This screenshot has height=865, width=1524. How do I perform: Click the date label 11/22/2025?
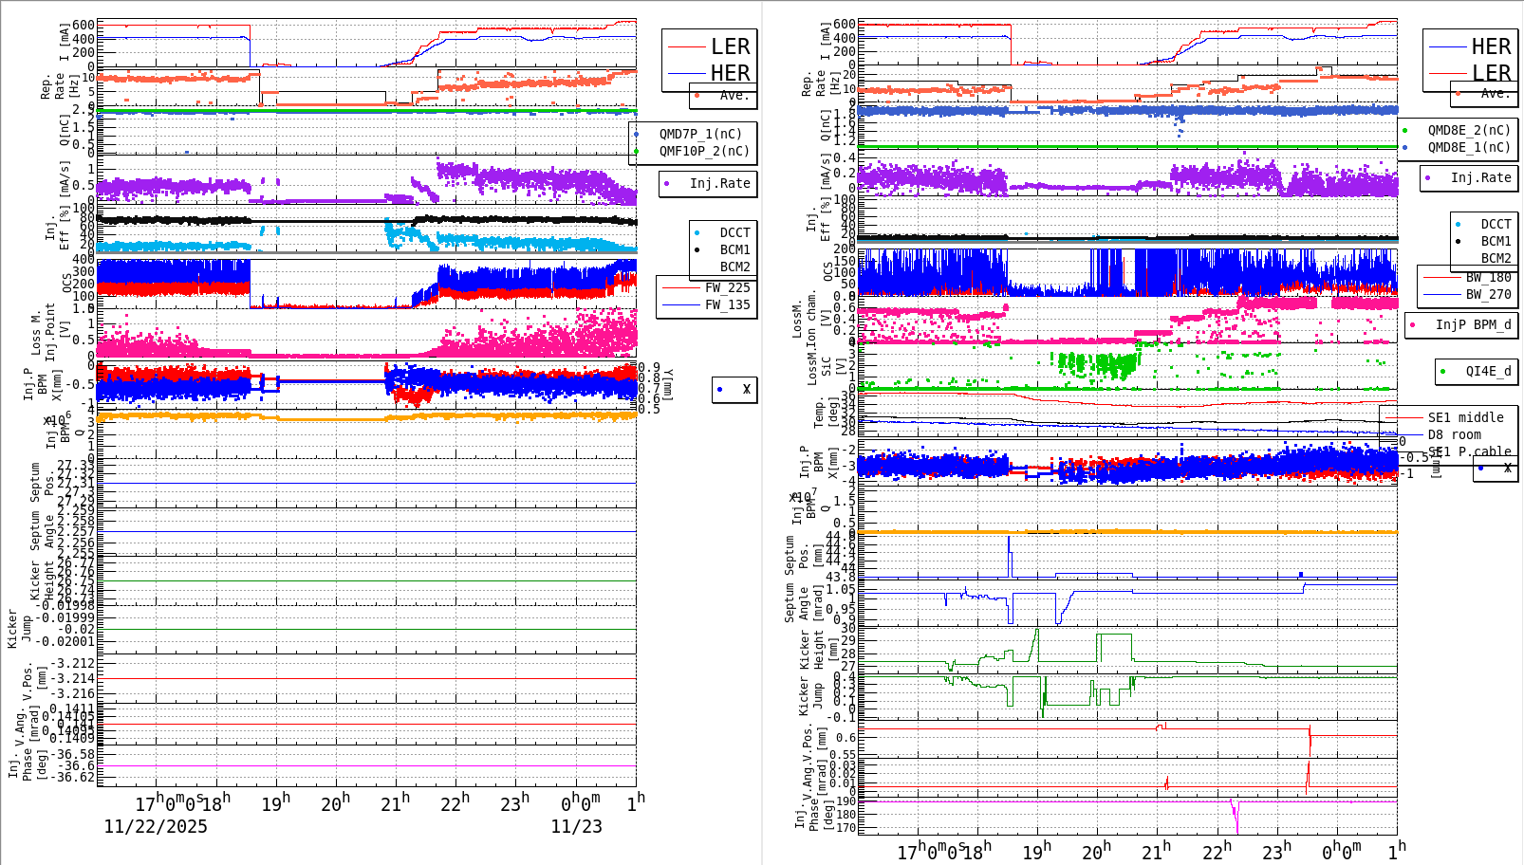(156, 827)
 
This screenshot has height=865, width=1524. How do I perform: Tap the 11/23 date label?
(576, 827)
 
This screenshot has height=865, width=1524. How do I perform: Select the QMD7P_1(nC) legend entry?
(700, 135)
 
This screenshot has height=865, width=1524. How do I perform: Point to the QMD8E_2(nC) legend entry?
(1469, 131)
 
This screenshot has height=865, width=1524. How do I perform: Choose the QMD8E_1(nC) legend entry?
(1469, 148)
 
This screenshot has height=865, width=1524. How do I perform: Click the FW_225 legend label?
(727, 288)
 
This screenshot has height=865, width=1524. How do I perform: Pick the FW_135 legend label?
(727, 305)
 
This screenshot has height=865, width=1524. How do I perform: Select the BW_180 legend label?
(1488, 278)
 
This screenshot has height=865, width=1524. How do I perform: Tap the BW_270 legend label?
(1488, 295)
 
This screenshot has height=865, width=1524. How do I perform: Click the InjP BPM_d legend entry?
(1473, 325)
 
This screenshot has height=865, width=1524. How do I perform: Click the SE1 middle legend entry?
(1465, 418)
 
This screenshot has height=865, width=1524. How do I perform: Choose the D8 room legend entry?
(1454, 435)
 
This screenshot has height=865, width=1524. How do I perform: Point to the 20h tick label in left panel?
(335, 804)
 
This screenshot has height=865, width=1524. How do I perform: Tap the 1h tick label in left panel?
(636, 801)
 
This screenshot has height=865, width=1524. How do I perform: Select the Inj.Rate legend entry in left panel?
(719, 184)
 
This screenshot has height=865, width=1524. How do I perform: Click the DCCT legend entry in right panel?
(1496, 225)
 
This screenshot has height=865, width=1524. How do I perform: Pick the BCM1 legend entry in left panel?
(734, 250)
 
